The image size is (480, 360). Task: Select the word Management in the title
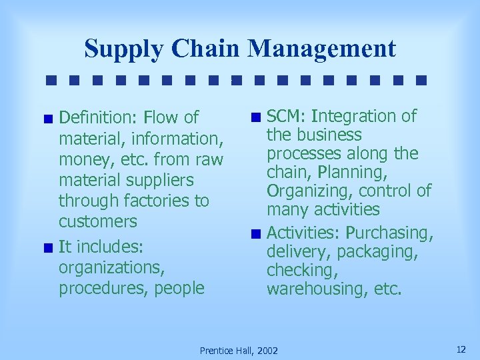[322, 49]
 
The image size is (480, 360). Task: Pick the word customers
[98, 221]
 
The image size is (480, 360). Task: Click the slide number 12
[461, 349]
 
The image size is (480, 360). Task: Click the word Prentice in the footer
[217, 351]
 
